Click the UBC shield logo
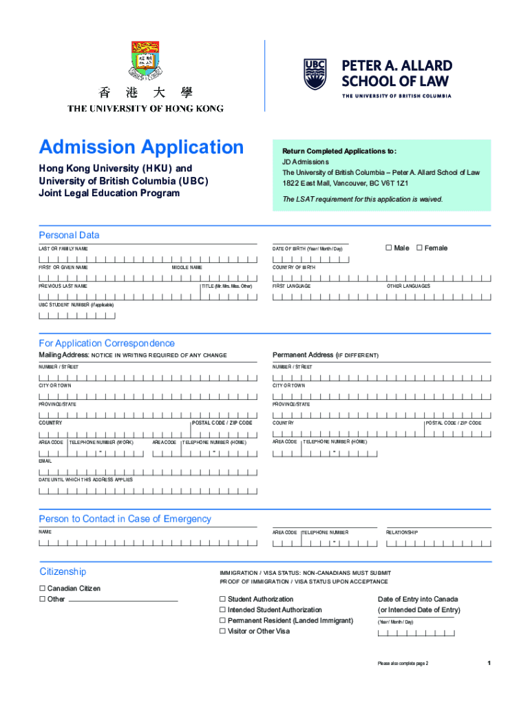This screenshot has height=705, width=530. pos(316,74)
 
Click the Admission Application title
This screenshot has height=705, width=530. pos(141,147)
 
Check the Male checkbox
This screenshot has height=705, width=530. pos(388,248)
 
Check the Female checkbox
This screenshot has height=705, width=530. pos(419,248)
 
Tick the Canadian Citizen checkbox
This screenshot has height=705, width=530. pos(42,589)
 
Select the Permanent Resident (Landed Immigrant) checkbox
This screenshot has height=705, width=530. pos(222,620)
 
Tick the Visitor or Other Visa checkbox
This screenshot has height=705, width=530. pos(222,631)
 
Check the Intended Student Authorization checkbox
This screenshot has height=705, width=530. pos(222,610)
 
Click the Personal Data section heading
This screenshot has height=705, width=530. pos(69,235)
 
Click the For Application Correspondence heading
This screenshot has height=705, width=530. pos(107,343)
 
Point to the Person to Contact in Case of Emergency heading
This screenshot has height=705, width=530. pos(125,519)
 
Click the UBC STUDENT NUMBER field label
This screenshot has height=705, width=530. pos(76,304)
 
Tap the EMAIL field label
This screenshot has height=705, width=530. pos(45,461)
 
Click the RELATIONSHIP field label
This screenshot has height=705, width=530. pos(401,532)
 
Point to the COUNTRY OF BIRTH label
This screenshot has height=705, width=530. pos(294,267)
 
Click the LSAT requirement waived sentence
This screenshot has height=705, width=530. pos(363,199)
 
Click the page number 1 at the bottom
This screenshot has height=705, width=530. pos(488,663)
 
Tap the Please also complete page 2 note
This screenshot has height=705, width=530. pos(403,663)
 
